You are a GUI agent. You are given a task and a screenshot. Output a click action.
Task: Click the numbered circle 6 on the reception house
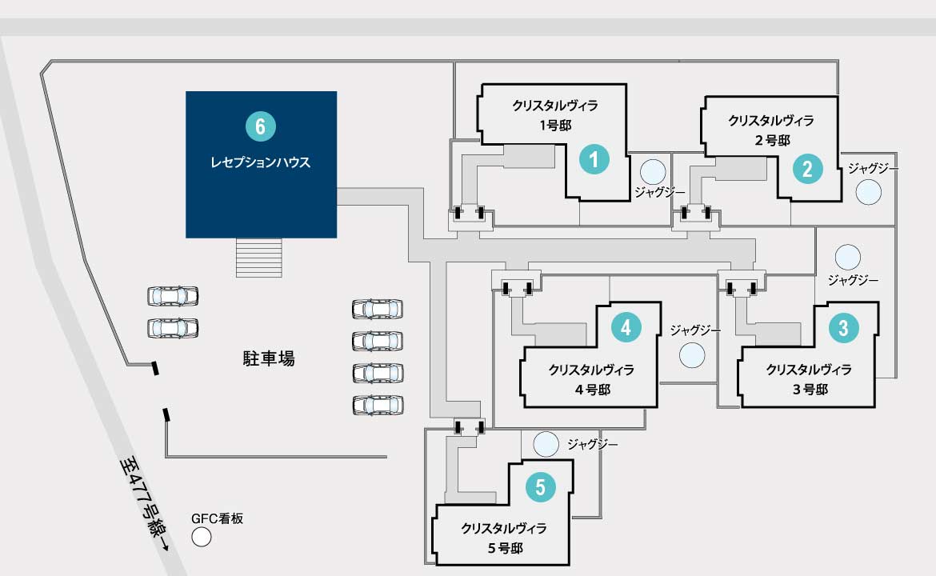click(x=260, y=126)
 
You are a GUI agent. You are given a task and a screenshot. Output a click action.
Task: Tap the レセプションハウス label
click(x=260, y=162)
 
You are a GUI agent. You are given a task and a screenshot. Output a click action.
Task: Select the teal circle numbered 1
click(x=594, y=159)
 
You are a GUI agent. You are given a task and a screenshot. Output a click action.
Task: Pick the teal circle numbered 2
click(x=808, y=169)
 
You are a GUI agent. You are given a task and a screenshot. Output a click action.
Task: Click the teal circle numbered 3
click(x=843, y=328)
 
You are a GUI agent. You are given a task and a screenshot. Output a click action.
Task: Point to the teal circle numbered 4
click(x=626, y=327)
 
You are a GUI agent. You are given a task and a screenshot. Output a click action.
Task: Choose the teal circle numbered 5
click(x=540, y=486)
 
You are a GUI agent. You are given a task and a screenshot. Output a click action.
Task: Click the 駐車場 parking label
click(x=269, y=358)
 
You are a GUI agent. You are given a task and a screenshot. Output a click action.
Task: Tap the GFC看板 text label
click(x=218, y=518)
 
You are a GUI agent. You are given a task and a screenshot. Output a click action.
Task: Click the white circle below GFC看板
click(x=202, y=538)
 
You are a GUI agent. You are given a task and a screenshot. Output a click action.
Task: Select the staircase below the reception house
click(x=258, y=258)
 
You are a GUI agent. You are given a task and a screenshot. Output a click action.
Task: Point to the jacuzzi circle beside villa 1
click(x=653, y=173)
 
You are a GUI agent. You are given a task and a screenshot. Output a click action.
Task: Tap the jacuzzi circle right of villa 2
click(x=869, y=192)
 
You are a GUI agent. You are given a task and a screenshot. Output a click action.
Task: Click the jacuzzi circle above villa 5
click(x=546, y=444)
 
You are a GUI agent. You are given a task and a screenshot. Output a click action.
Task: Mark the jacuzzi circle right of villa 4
click(x=692, y=355)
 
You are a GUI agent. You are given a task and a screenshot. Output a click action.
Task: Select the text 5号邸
click(x=505, y=548)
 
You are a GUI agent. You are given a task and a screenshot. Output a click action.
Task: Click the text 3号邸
click(x=810, y=389)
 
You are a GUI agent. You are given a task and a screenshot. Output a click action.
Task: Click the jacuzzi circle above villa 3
click(x=848, y=258)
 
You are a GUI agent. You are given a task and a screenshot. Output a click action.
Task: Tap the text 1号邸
click(x=556, y=126)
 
